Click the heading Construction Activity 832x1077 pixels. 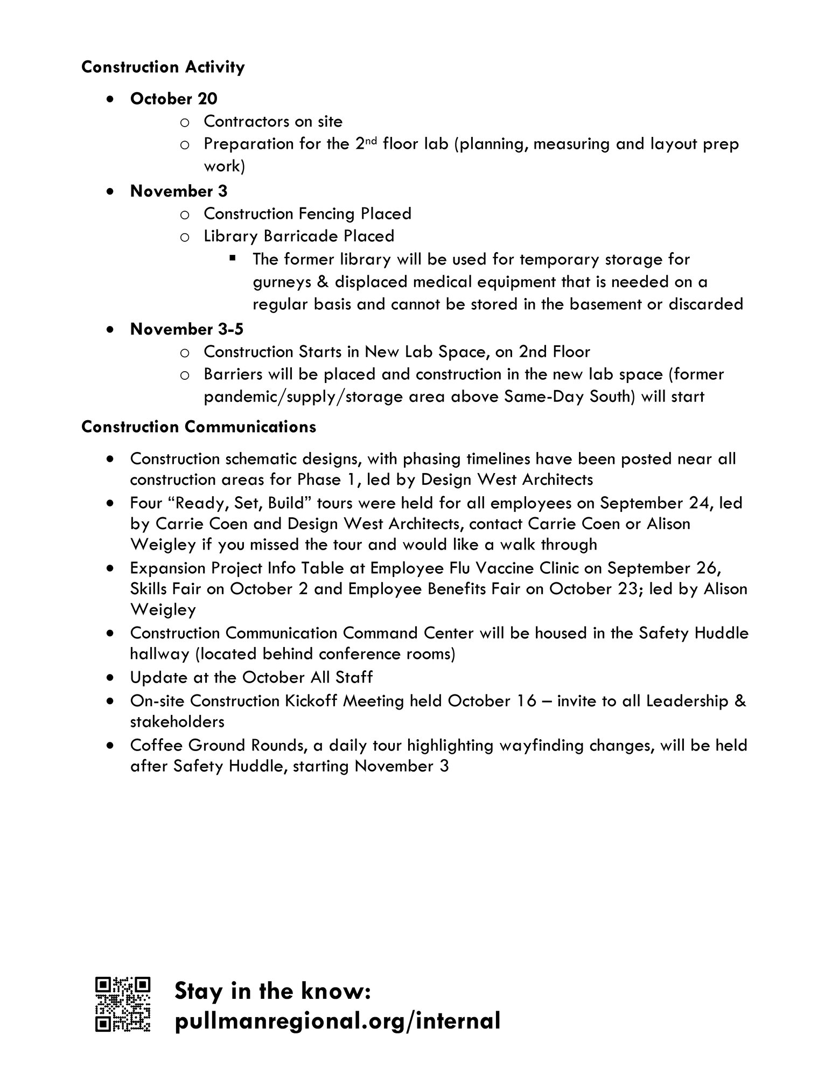[x=163, y=67]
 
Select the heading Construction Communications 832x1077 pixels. [x=198, y=427]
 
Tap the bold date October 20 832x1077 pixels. [x=173, y=99]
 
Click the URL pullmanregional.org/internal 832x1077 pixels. [x=338, y=1020]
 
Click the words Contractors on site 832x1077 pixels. [x=272, y=121]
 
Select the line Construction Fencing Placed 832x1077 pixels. [x=307, y=213]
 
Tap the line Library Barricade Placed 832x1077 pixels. [x=298, y=236]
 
